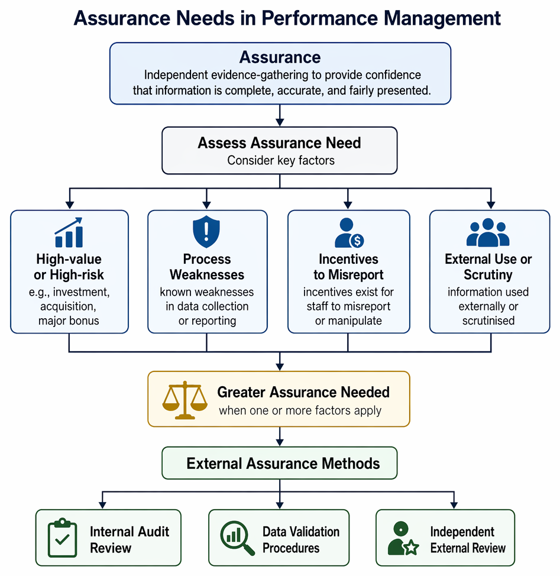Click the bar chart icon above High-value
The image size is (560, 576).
click(69, 232)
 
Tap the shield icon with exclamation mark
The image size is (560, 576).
click(206, 231)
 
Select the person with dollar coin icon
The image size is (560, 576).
click(349, 233)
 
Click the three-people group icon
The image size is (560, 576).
click(488, 232)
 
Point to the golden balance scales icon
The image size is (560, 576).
click(184, 400)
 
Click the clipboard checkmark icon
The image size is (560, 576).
click(63, 538)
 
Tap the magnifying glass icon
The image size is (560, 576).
click(237, 538)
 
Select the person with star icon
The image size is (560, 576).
click(403, 538)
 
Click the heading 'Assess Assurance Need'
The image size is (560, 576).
click(280, 143)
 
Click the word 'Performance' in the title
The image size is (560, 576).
click(319, 18)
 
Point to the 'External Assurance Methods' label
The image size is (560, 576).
click(283, 464)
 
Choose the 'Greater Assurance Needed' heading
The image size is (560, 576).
click(303, 392)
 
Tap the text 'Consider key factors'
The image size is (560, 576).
click(281, 160)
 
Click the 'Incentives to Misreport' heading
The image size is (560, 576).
click(348, 267)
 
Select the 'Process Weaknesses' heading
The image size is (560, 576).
click(207, 267)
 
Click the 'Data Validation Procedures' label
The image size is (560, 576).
click(301, 540)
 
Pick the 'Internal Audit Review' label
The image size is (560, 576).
click(130, 540)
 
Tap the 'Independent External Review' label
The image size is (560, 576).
click(468, 540)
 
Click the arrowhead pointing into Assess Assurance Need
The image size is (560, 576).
click(280, 122)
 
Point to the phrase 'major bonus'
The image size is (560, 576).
click(69, 321)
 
